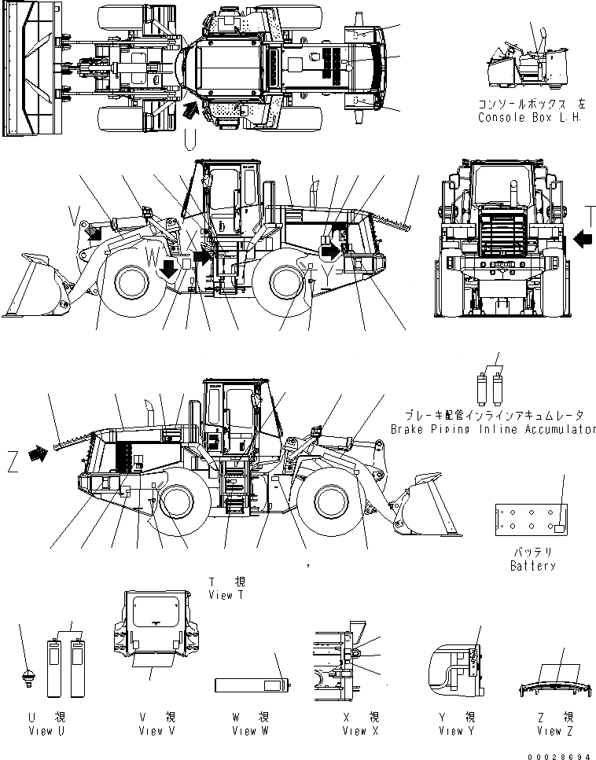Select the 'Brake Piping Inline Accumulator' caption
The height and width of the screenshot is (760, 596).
[x=492, y=429]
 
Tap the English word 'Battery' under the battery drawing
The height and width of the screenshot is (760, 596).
[x=532, y=566]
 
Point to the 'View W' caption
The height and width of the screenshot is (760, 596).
[x=250, y=731]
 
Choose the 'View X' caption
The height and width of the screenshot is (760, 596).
[x=360, y=731]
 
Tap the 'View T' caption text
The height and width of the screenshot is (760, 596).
[x=226, y=595]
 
